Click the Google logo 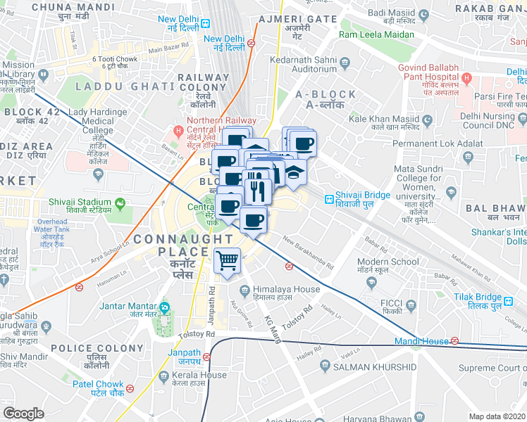pos(23,414)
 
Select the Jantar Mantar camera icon pos(163,307)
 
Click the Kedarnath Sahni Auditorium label pos(305,64)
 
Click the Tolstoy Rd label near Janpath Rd pos(201,335)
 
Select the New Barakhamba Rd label pos(308,251)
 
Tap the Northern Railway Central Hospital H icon pos(178,130)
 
